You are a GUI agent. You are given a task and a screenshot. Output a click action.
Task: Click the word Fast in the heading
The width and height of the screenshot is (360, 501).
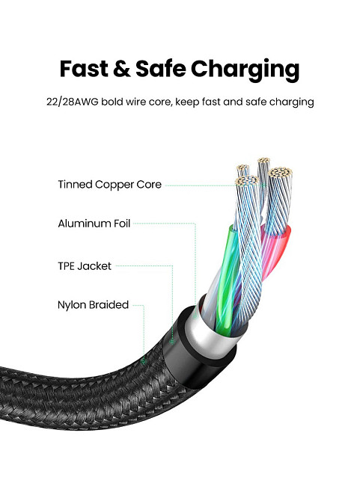pos(84,68)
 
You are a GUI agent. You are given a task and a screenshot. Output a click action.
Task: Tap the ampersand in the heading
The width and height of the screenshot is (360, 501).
pos(121,69)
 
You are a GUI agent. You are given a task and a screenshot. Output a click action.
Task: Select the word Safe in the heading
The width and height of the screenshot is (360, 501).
pos(161,68)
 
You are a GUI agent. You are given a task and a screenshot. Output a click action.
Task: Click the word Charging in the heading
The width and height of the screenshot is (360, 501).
pos(245,70)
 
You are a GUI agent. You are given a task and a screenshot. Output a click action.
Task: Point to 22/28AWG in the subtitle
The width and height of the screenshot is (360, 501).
pos(73,102)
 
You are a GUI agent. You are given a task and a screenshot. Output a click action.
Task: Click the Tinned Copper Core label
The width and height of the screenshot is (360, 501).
pos(110,185)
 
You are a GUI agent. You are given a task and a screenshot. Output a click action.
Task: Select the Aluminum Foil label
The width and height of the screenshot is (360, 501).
pos(94,224)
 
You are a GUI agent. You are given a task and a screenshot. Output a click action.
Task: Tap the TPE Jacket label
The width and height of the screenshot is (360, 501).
pos(85,266)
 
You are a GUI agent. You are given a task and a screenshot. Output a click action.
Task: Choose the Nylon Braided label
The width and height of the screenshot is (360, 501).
pos(93,305)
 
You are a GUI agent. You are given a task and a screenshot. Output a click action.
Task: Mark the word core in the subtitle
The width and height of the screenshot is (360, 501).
pos(160,102)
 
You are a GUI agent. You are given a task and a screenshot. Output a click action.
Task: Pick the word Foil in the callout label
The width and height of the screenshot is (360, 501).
pos(122,224)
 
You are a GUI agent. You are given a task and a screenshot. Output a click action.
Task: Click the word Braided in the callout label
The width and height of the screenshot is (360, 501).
pos(109,305)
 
